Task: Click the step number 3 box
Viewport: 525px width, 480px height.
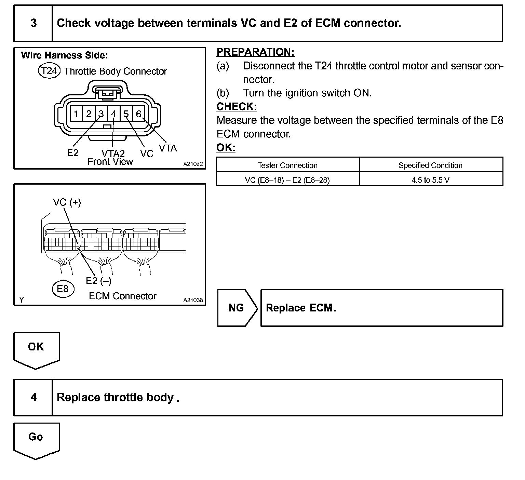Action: (33, 23)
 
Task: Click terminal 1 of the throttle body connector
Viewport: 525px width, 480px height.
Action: (76, 114)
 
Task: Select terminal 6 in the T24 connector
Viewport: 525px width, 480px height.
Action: (138, 114)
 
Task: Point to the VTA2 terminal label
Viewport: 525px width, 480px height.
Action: (113, 154)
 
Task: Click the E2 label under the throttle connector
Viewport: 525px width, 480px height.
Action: (73, 153)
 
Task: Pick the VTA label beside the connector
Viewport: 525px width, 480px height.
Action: (168, 148)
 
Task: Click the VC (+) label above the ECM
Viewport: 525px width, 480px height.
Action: (67, 202)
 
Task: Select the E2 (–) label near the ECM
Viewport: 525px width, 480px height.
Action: (98, 281)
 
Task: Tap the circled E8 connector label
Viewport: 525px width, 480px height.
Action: (63, 289)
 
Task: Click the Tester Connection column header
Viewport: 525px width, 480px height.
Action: (287, 165)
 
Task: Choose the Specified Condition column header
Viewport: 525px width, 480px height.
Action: (430, 165)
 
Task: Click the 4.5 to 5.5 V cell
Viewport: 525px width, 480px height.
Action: (430, 180)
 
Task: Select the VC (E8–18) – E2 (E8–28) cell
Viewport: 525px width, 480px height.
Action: (287, 180)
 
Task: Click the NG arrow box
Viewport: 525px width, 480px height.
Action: (237, 308)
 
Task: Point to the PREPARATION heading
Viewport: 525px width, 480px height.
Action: (255, 52)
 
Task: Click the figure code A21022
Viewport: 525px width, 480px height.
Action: (193, 164)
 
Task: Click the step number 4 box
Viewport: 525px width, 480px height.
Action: (33, 397)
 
